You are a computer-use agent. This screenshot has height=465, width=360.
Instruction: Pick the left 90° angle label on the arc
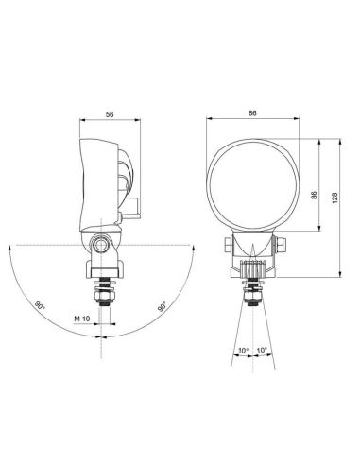click(x=39, y=305)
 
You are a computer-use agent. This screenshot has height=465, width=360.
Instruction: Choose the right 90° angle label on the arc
click(x=162, y=306)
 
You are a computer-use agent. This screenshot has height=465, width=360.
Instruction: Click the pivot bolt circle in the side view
click(x=98, y=246)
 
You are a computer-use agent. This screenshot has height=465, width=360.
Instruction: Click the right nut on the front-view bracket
click(x=280, y=246)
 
